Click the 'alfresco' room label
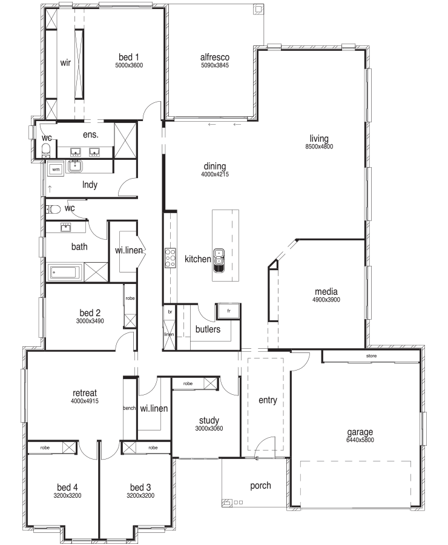coord(215,57)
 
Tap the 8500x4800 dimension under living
coord(319,147)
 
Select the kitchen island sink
coord(219,260)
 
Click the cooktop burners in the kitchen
coord(170,257)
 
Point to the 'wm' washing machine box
coord(56,170)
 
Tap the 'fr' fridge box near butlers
coord(228,311)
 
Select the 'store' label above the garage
coord(371,356)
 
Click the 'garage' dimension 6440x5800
coord(360,440)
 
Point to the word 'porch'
coord(260,486)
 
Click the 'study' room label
coord(209,421)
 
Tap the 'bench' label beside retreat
coord(130,408)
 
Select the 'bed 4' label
coord(67,487)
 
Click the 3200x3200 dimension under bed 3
coord(140,495)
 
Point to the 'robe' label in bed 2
coord(130,298)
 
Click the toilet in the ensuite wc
coord(46,151)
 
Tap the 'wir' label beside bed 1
coord(65,63)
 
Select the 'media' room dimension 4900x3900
coord(326,300)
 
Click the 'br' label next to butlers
coord(170,312)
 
